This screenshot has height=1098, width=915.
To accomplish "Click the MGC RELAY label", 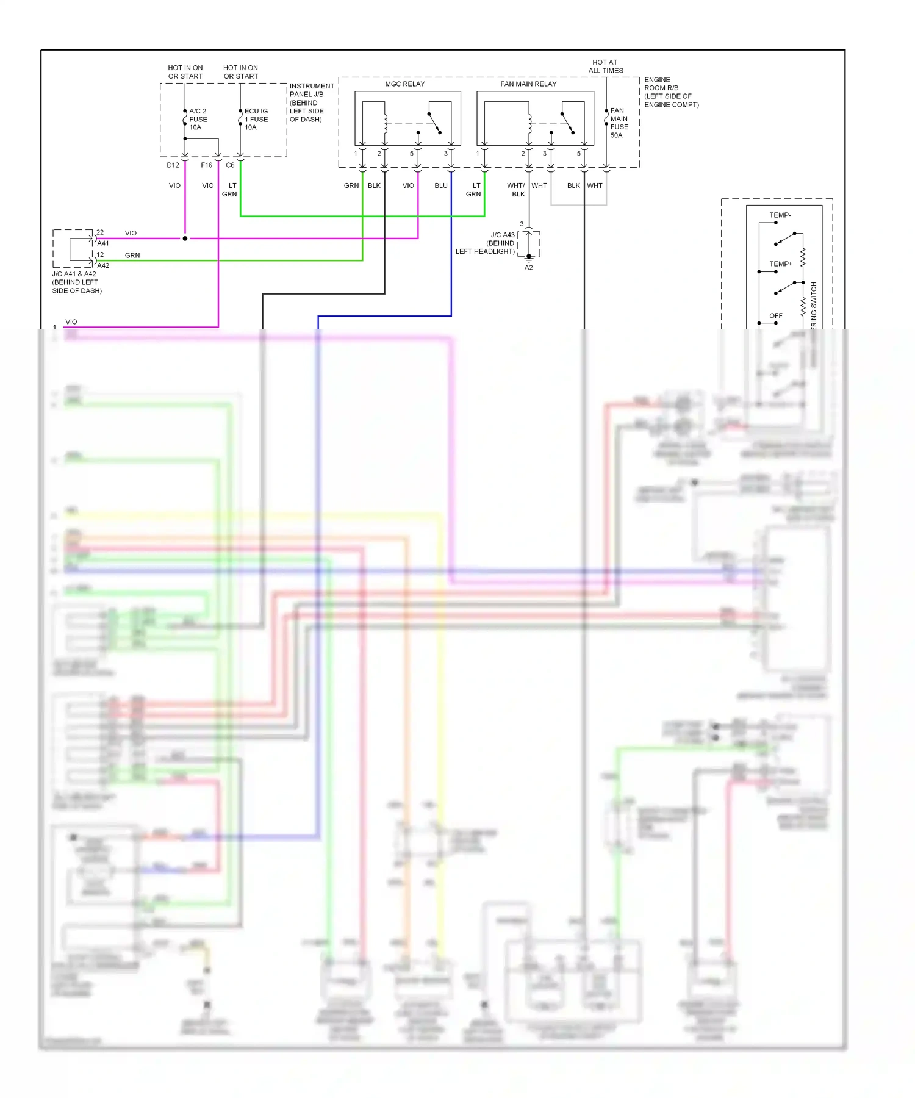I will [404, 84].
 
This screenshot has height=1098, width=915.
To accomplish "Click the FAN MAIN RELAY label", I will [528, 84].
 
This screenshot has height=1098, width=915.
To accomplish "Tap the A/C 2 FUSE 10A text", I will [198, 120].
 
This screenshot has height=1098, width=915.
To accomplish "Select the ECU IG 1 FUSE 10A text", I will [256, 120].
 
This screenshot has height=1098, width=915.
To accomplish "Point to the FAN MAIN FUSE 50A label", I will [619, 123].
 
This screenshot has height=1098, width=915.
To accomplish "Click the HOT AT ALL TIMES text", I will [605, 66].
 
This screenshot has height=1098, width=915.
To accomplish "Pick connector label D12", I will [173, 165].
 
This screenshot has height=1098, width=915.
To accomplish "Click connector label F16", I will [206, 165].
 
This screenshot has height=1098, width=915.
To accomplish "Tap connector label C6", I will [230, 165].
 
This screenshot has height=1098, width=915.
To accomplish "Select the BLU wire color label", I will [440, 185].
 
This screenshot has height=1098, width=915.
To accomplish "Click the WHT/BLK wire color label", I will [516, 190].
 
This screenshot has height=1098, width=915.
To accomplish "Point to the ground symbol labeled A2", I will [529, 258].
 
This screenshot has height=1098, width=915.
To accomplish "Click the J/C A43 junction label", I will [503, 235].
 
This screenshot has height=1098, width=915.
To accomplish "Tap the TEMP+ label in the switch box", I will [780, 264].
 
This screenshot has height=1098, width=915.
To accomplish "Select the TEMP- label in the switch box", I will [780, 215].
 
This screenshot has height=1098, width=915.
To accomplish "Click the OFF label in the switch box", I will [775, 316].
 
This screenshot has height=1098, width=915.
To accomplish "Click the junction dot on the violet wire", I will [185, 239].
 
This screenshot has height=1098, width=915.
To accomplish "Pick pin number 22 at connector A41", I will [100, 232].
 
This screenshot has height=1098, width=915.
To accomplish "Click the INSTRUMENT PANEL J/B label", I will [311, 102].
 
